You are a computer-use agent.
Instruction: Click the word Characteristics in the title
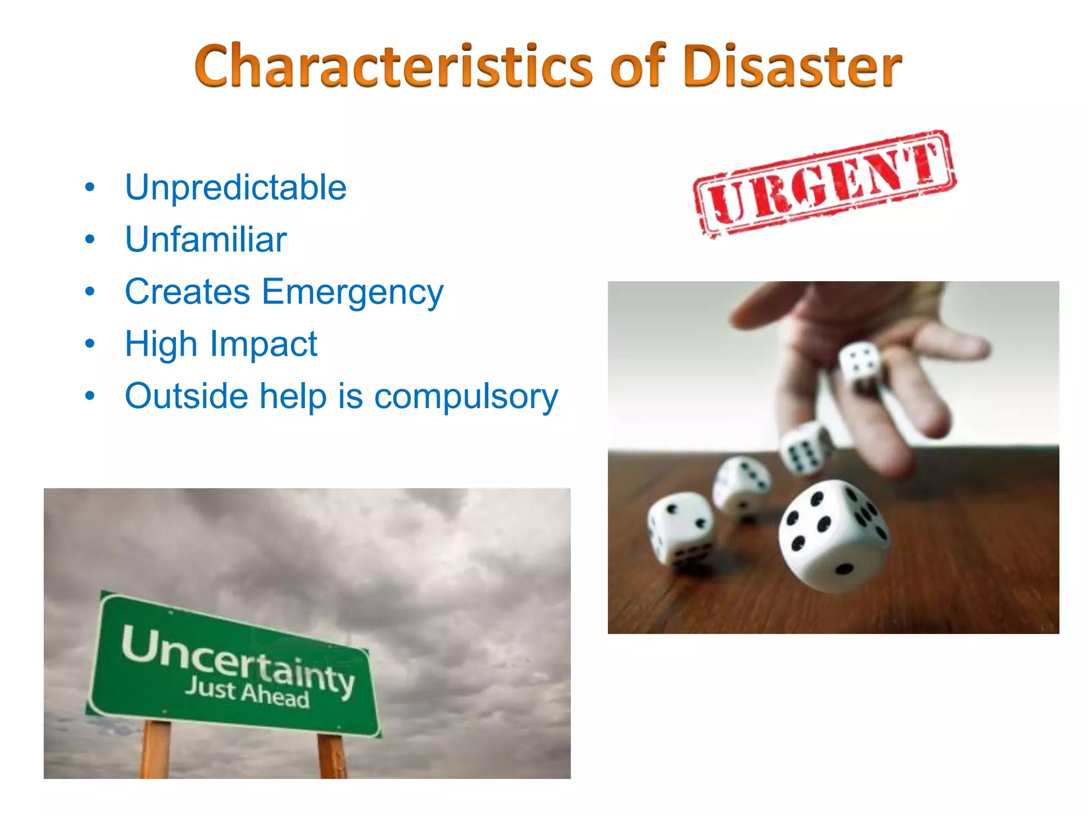click(x=393, y=66)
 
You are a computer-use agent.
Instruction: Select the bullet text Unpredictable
click(x=236, y=187)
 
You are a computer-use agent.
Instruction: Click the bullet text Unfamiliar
click(x=206, y=239)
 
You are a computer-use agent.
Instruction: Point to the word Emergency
click(x=352, y=292)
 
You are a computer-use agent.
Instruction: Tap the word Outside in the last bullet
click(x=186, y=396)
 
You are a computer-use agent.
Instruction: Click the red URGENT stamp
click(x=824, y=184)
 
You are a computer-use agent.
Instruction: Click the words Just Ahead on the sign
click(x=247, y=693)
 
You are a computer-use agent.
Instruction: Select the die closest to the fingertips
click(x=860, y=363)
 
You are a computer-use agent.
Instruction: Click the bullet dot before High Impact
click(x=90, y=344)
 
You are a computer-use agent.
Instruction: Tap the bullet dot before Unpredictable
click(x=90, y=187)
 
